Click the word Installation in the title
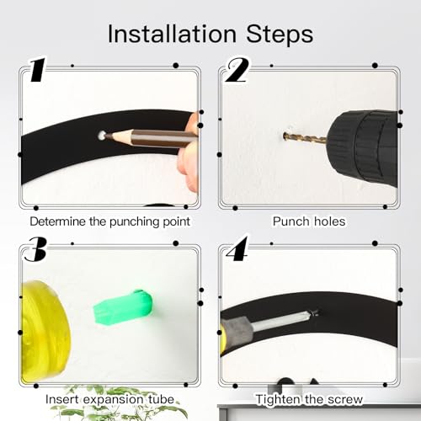172,34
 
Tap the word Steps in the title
280,34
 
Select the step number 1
38,70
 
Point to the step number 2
237,70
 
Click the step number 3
35,248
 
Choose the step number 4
237,248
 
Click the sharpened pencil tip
107,136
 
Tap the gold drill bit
305,137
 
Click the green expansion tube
123,307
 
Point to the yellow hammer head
45,331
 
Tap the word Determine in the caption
57,221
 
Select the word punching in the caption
134,222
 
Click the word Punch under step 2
291,221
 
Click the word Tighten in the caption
278,399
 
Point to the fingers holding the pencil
189,153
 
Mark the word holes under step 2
330,221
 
